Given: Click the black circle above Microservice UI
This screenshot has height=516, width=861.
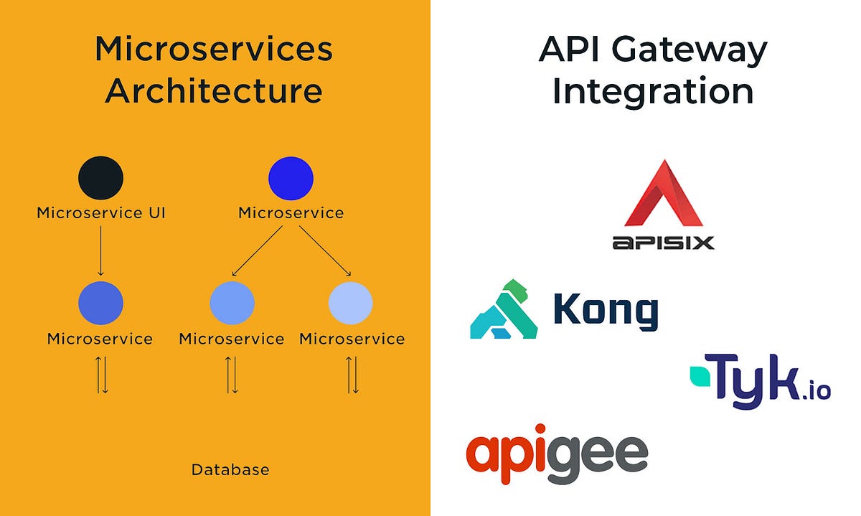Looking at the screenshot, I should [100, 178].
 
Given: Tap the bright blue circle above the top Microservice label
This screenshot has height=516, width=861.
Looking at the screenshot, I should [291, 178].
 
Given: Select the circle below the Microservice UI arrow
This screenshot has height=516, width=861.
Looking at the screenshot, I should [100, 304].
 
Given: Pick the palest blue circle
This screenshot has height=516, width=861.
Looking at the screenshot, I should [350, 304].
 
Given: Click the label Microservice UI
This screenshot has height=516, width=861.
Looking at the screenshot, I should [100, 213].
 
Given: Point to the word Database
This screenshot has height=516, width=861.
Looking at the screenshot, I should [230, 470].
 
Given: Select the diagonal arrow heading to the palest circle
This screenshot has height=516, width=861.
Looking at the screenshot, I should [324, 250].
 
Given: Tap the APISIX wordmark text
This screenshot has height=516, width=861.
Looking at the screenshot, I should [664, 243].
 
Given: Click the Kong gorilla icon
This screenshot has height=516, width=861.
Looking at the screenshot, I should [504, 309].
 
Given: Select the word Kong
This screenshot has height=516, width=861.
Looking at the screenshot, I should [606, 311].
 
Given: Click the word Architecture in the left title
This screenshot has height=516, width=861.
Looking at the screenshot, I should [214, 91].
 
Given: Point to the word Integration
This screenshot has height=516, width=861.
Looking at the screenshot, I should [652, 91].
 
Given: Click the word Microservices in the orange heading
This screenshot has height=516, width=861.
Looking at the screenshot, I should [214, 50].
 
